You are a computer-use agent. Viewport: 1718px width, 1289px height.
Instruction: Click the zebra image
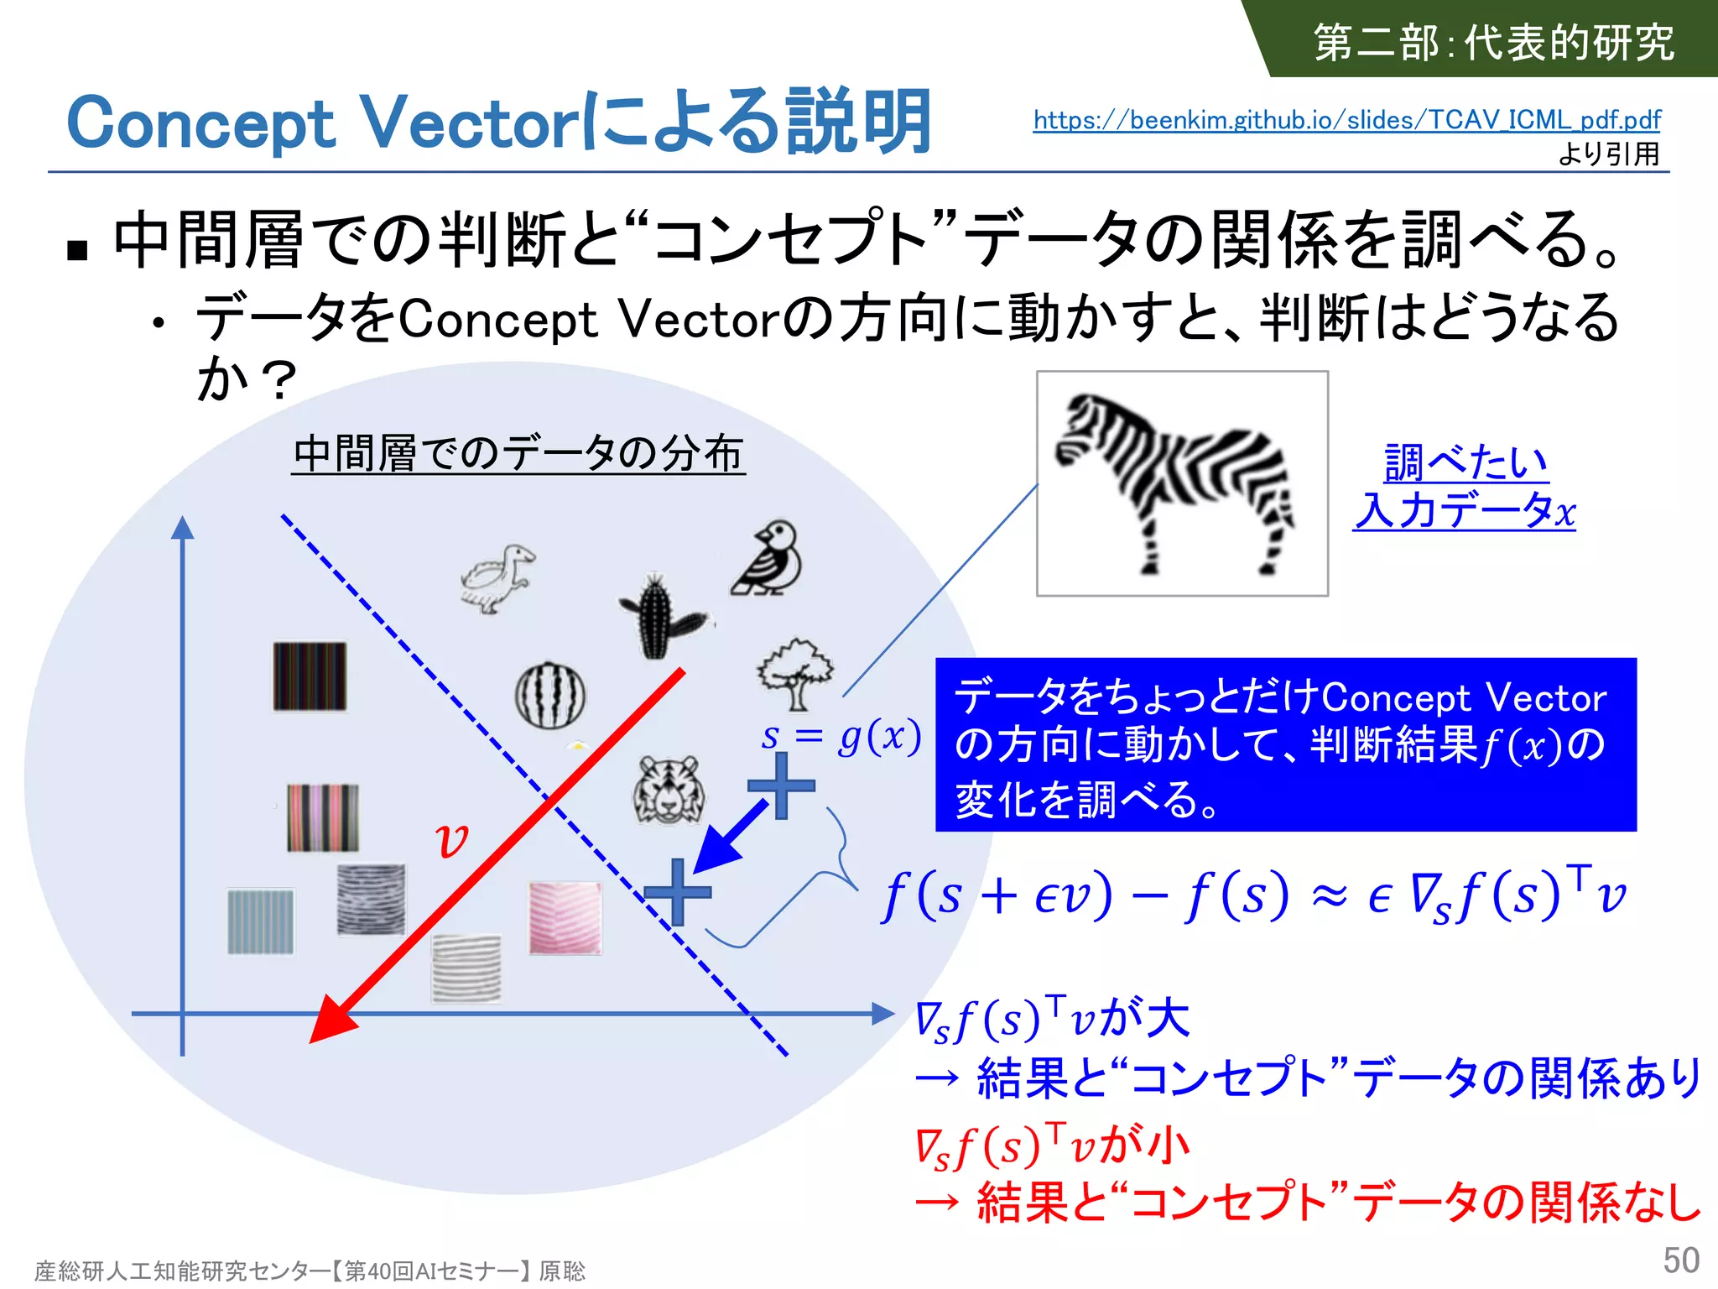coord(1181,484)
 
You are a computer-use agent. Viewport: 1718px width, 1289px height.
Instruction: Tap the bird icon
coord(768,558)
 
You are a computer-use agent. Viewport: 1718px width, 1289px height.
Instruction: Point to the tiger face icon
coord(669,789)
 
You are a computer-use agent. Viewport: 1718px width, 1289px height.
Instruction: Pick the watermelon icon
coord(550,695)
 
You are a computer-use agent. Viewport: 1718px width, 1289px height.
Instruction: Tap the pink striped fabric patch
coord(565,917)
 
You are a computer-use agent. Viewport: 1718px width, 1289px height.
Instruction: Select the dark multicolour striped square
coord(310,676)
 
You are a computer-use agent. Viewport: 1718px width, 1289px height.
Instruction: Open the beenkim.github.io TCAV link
coord(1346,120)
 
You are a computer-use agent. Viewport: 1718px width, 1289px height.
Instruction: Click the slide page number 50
coord(1680,1260)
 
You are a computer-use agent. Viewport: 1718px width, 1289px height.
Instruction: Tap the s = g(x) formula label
coord(841,736)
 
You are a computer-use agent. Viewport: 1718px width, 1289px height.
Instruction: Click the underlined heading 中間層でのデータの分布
coord(518,453)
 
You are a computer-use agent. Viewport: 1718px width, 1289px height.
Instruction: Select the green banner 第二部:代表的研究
coord(1493,42)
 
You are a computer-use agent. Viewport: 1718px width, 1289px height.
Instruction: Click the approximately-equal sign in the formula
coord(1329,896)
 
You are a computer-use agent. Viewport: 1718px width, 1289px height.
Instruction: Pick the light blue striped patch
coord(261,921)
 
